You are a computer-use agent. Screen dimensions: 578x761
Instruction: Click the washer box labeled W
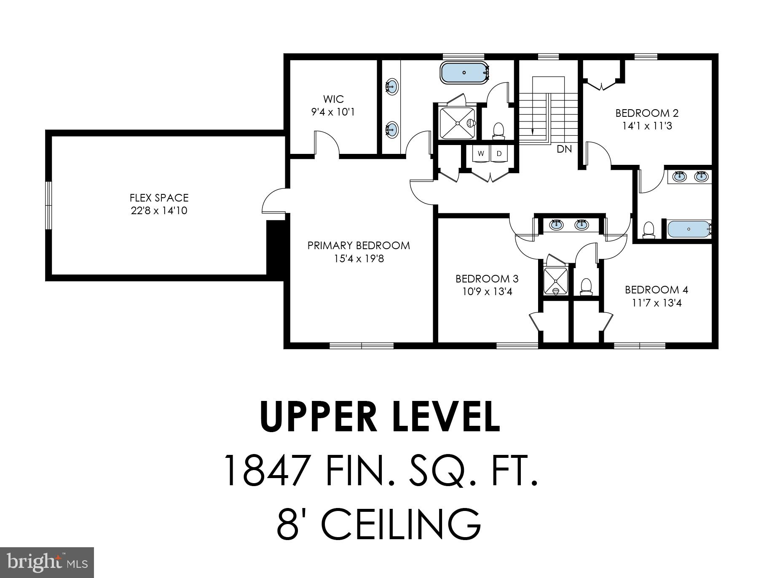tap(481, 154)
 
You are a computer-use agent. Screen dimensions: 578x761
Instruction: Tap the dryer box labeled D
tap(499, 154)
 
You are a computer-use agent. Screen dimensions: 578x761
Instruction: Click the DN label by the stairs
tap(564, 149)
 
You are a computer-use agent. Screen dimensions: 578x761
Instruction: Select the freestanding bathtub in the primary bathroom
tap(464, 73)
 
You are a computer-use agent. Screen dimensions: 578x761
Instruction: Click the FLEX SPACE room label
tap(159, 198)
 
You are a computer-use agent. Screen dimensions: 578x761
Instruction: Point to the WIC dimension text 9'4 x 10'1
tap(333, 112)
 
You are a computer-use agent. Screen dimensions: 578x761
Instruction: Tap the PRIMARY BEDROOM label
tap(359, 245)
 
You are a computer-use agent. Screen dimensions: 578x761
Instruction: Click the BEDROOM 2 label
tap(647, 113)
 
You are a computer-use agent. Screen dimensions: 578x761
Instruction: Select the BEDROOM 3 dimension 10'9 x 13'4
tap(487, 291)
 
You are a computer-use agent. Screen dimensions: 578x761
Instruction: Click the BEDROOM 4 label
tap(656, 290)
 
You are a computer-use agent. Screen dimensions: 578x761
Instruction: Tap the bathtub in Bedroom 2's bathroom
tap(689, 229)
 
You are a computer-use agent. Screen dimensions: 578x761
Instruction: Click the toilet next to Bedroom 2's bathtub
tap(648, 230)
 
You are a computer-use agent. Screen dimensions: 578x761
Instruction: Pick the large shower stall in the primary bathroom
tap(457, 123)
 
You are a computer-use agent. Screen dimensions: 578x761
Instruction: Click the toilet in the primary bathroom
tap(498, 130)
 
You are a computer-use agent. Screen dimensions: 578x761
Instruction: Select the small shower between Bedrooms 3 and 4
tap(555, 281)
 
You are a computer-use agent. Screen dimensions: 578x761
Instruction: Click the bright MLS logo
tap(47, 562)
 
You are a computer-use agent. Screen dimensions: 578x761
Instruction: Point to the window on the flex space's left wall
tap(49, 205)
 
